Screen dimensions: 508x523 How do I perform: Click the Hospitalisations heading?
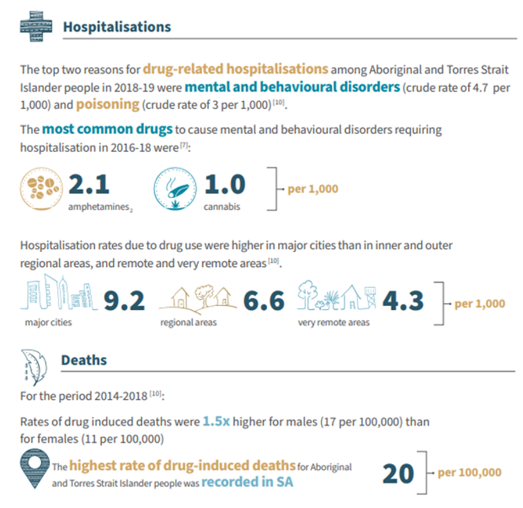pyautogui.click(x=117, y=27)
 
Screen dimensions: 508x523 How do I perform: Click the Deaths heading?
pyautogui.click(x=84, y=360)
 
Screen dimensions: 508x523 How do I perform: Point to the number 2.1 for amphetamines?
pyautogui.click(x=88, y=185)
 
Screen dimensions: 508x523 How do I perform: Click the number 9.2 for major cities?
pyautogui.click(x=124, y=301)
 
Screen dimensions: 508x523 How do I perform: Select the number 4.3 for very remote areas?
pyautogui.click(x=403, y=301)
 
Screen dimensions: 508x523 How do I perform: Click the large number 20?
pyautogui.click(x=398, y=474)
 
